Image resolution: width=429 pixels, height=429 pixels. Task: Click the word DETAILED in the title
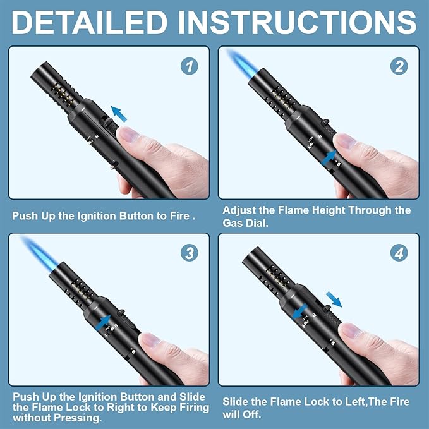(x=90, y=23)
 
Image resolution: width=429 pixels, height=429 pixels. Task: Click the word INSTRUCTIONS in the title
(x=298, y=23)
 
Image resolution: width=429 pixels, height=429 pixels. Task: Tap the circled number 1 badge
(x=190, y=66)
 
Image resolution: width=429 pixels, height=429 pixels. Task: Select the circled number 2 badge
(x=399, y=66)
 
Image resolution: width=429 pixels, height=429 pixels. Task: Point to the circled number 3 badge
(x=190, y=253)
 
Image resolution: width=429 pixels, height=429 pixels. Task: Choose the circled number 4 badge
(x=399, y=253)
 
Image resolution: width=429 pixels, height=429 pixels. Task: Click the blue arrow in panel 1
(x=119, y=114)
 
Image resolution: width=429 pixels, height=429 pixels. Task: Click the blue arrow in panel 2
(x=329, y=158)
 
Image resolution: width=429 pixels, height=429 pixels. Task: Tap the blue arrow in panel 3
(x=104, y=323)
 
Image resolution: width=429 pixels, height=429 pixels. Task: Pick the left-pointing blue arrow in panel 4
(x=300, y=312)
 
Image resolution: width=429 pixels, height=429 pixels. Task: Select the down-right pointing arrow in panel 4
(x=334, y=299)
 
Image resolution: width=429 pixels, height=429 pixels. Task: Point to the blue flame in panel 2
(x=242, y=63)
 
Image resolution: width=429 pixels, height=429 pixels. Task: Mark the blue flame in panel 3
(x=40, y=251)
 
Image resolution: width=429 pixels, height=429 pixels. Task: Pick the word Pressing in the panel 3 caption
(x=78, y=418)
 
